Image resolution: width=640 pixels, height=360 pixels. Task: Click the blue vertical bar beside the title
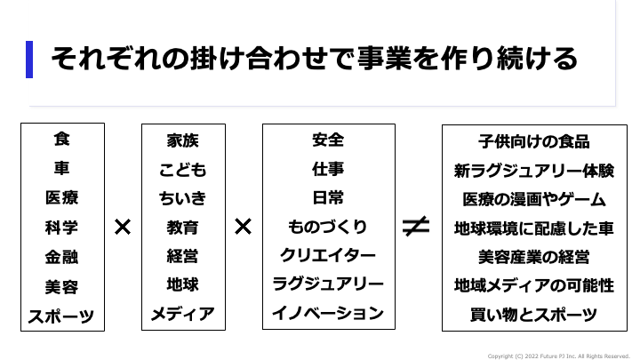point(29,60)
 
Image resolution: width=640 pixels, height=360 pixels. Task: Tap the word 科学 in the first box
point(61,228)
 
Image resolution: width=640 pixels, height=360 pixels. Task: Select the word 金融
point(61,257)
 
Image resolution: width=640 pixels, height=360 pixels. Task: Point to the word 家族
point(182,140)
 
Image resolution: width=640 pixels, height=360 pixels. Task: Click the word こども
point(182,170)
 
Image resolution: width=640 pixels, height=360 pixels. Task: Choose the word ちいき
point(182,198)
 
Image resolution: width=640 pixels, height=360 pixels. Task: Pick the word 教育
point(182,228)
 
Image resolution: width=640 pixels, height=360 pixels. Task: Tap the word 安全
point(328,140)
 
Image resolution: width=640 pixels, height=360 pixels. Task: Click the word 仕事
point(328,169)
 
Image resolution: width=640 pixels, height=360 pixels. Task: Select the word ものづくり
point(328,227)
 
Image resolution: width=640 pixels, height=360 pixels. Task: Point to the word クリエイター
point(328,256)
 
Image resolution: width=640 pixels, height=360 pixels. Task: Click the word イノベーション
point(328,314)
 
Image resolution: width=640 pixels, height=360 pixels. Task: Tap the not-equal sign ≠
point(416,227)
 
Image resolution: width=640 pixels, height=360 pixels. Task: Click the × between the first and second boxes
point(123,227)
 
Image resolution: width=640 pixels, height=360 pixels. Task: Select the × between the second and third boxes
point(243,227)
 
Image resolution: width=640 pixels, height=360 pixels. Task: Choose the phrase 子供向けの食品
point(533,140)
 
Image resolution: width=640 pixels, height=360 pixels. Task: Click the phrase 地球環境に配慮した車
point(533,228)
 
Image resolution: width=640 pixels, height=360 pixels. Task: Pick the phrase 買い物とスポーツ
point(533,314)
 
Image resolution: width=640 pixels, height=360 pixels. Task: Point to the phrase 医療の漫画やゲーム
point(533,198)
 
